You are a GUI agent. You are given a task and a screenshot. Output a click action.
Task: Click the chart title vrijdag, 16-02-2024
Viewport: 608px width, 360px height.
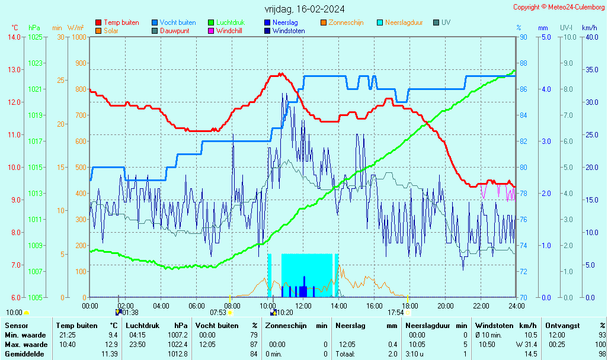305,9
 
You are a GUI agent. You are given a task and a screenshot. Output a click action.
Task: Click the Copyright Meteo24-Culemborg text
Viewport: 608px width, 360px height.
559,7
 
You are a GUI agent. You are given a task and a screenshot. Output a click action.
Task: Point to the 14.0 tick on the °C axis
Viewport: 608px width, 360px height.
14,37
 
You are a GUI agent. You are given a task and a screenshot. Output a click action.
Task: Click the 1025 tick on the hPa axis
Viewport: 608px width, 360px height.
35,37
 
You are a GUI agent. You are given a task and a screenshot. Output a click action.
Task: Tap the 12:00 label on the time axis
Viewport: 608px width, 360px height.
303,306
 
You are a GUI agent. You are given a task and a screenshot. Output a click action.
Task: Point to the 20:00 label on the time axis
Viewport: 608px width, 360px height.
446,306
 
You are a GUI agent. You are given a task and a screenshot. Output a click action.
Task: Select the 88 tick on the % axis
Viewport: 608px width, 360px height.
524,63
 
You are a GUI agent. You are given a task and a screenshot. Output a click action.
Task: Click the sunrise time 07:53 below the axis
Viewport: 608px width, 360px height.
218,313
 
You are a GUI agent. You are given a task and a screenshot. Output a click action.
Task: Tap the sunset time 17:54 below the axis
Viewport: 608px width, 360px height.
396,313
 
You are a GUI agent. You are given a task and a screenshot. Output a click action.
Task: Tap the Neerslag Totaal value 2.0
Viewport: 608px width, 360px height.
392,354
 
